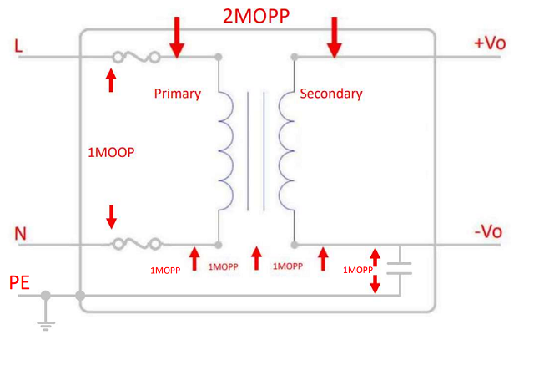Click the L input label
[18, 46]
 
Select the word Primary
[178, 94]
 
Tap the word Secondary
[331, 94]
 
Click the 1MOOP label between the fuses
[111, 154]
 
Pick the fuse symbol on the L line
[137, 58]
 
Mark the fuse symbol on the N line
[137, 245]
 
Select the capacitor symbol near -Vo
[400, 267]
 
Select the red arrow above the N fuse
[112, 217]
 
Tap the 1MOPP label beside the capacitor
[357, 270]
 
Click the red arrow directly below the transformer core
[257, 258]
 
